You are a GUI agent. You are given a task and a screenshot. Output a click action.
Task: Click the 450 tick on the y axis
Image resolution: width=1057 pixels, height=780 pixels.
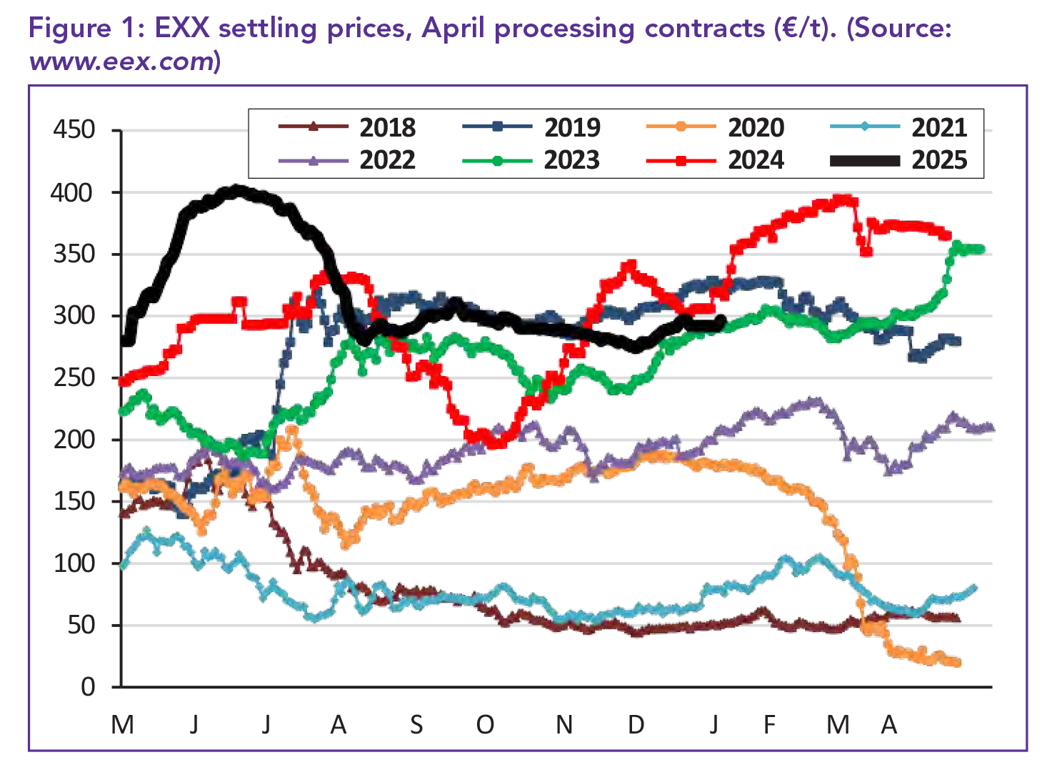coord(74,130)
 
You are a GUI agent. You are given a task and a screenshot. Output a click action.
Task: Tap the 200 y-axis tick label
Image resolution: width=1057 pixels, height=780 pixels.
coord(74,440)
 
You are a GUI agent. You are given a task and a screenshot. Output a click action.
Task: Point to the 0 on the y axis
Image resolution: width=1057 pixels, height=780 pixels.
coord(88,687)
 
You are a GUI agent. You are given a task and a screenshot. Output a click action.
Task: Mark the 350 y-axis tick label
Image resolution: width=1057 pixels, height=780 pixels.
coord(74,254)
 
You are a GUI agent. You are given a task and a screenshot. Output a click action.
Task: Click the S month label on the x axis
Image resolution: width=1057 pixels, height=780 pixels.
coord(416,725)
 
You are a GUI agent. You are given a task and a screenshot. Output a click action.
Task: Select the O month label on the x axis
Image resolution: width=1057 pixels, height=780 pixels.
coord(485,725)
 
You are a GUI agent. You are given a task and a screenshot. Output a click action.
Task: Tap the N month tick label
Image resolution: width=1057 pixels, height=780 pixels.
coord(564,725)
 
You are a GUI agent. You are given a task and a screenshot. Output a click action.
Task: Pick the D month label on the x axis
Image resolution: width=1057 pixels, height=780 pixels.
coord(636,725)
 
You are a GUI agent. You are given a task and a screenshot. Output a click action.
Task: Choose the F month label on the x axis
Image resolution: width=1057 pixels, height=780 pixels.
coord(769,725)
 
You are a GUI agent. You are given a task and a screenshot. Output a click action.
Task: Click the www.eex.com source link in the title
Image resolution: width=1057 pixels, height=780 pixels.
coord(121,61)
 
